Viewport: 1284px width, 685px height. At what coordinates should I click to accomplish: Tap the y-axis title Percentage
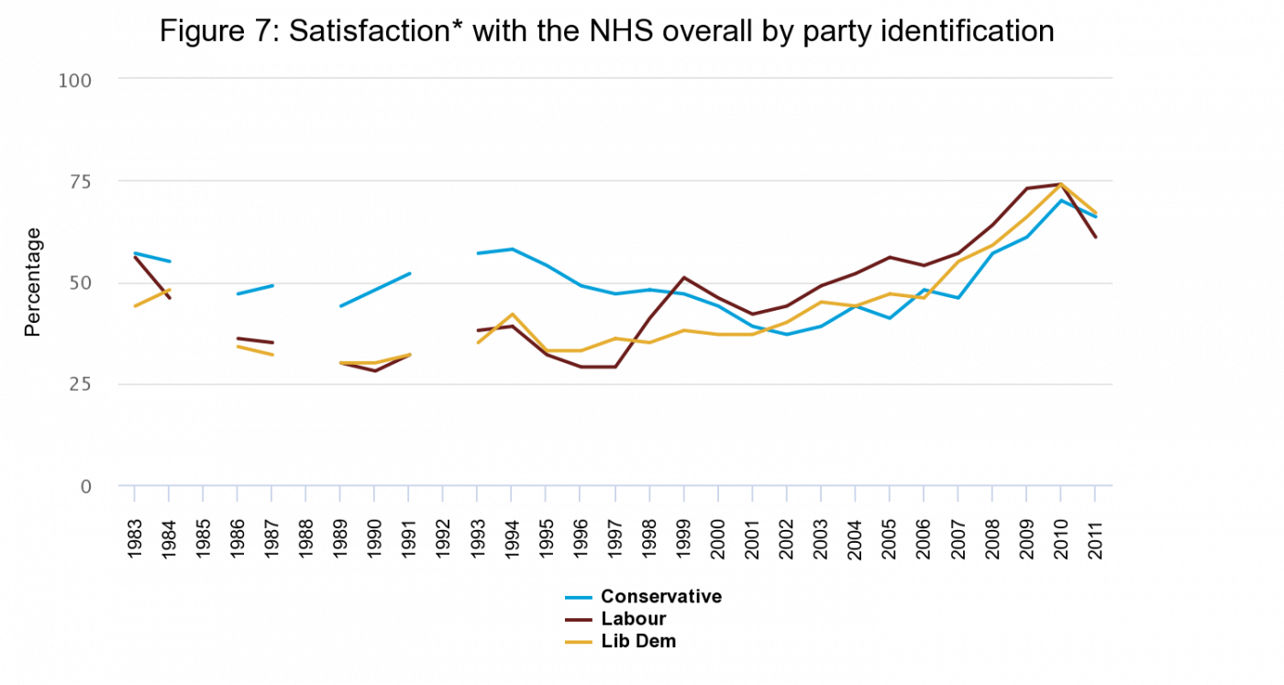[x=33, y=282]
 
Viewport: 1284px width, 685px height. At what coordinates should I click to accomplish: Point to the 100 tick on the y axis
[x=75, y=80]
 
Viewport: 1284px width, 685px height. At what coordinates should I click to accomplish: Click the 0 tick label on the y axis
[x=86, y=486]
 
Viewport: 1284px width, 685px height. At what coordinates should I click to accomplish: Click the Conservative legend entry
[x=660, y=597]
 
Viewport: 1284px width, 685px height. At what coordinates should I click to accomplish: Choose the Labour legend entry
[x=633, y=619]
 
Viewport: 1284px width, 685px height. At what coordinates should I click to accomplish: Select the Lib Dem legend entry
[x=637, y=641]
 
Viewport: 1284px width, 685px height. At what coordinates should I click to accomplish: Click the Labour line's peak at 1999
[x=683, y=278]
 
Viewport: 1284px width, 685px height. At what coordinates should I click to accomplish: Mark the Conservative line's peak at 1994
[x=512, y=249]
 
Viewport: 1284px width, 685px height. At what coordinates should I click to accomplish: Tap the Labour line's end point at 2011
[x=1094, y=238]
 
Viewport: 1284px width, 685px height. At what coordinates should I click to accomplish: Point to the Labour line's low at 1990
[x=375, y=371]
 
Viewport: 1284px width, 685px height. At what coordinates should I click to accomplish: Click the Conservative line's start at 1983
[x=135, y=253]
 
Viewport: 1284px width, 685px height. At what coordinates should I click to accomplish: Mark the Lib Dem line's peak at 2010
[x=1060, y=184]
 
